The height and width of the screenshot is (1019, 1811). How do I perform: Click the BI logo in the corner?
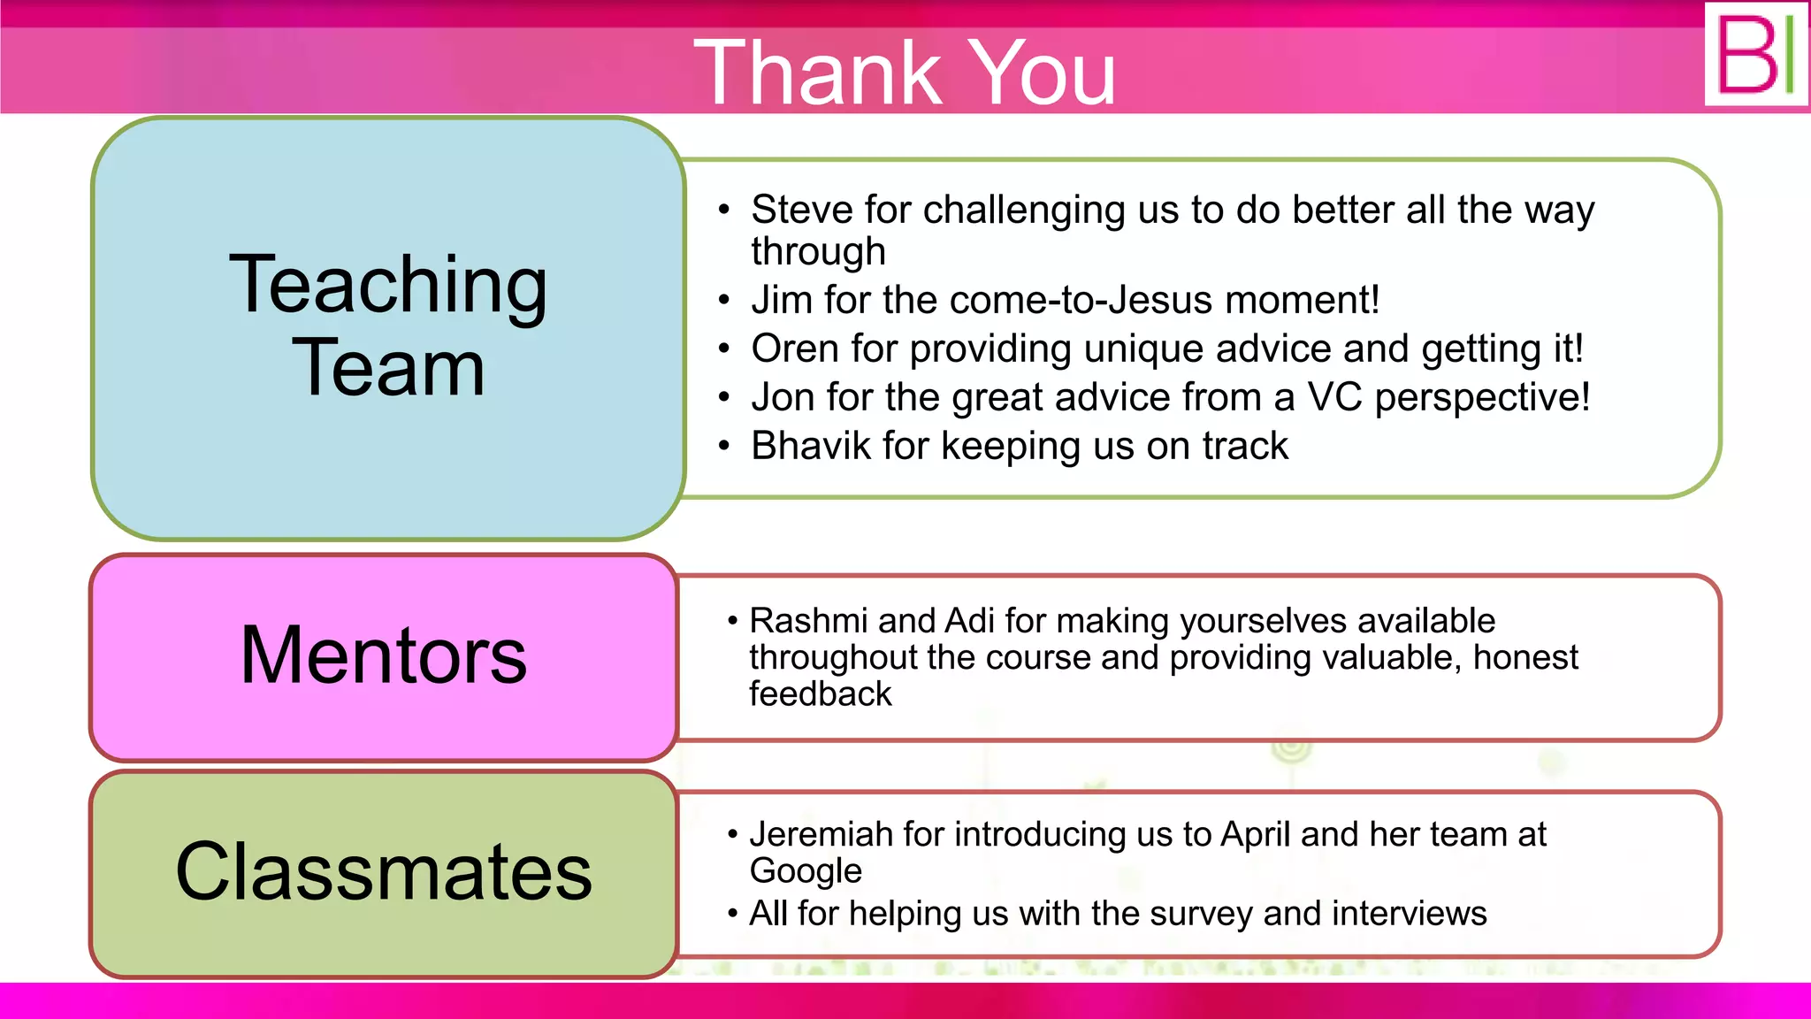click(x=1756, y=54)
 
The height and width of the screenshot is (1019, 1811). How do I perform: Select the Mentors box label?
click(x=383, y=655)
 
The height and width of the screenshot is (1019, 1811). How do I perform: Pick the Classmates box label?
click(x=383, y=872)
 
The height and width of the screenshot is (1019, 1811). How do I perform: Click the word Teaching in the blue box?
click(x=388, y=286)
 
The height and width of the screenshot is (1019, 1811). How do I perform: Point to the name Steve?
click(x=802, y=211)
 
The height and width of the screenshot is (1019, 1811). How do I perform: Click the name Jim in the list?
click(x=782, y=300)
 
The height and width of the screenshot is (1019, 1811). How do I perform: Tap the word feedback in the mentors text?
click(x=821, y=694)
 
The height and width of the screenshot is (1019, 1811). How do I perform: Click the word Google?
click(x=806, y=871)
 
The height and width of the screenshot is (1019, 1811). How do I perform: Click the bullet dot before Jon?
click(x=724, y=397)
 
